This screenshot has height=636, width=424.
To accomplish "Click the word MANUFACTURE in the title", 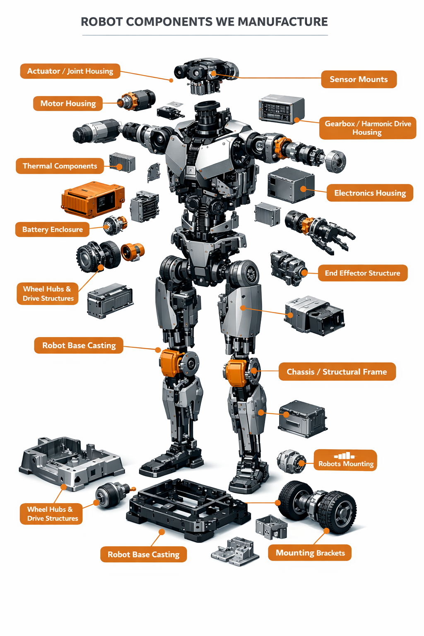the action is pyautogui.click(x=283, y=22).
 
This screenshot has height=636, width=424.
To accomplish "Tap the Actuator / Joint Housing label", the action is pyautogui.click(x=70, y=71).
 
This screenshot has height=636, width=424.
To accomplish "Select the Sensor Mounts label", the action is pyautogui.click(x=359, y=79).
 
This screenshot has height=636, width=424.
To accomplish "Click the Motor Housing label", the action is pyautogui.click(x=68, y=104).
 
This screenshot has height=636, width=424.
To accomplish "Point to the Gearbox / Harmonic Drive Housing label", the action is pyautogui.click(x=368, y=128).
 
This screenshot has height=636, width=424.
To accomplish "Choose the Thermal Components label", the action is pyautogui.click(x=60, y=166).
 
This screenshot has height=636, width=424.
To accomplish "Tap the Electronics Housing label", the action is pyautogui.click(x=370, y=193).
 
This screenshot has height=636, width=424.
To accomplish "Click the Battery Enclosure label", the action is pyautogui.click(x=52, y=229).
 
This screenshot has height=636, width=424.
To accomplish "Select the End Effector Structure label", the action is pyautogui.click(x=363, y=273).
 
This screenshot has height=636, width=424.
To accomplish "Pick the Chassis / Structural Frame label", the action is pyautogui.click(x=337, y=372).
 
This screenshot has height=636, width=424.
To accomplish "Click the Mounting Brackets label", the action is pyautogui.click(x=310, y=552).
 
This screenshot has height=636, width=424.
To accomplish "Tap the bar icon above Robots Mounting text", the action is pyautogui.click(x=344, y=456).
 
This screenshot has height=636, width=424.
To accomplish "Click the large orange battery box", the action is pyautogui.click(x=93, y=199).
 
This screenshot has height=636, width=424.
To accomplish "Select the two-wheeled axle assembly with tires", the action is pyautogui.click(x=317, y=507).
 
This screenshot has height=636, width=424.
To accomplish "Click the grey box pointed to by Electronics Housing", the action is pyautogui.click(x=291, y=185).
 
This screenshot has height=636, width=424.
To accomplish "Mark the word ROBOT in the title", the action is pyautogui.click(x=101, y=22).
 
